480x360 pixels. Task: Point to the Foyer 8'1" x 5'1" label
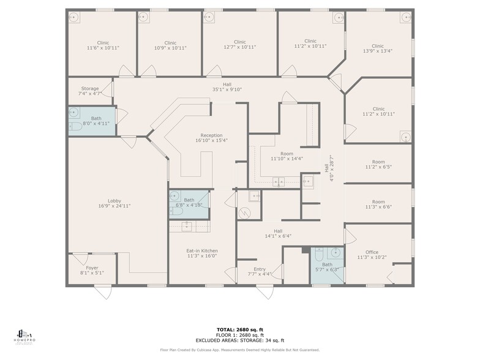(91, 270)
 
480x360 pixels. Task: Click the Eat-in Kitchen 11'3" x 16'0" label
(202, 253)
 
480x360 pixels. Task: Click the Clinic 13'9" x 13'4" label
(378, 48)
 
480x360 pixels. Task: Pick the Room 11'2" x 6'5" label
(378, 164)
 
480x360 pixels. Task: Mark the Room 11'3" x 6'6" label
(378, 204)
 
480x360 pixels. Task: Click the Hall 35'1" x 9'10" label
(227, 86)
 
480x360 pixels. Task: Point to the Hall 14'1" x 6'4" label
(278, 233)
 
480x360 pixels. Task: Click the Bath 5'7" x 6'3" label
(327, 267)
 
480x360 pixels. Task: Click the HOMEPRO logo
(24, 336)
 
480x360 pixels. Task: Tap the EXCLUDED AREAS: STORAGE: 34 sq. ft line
(240, 340)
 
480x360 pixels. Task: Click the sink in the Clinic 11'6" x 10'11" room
(73, 17)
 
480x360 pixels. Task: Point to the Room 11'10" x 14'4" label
(287, 156)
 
